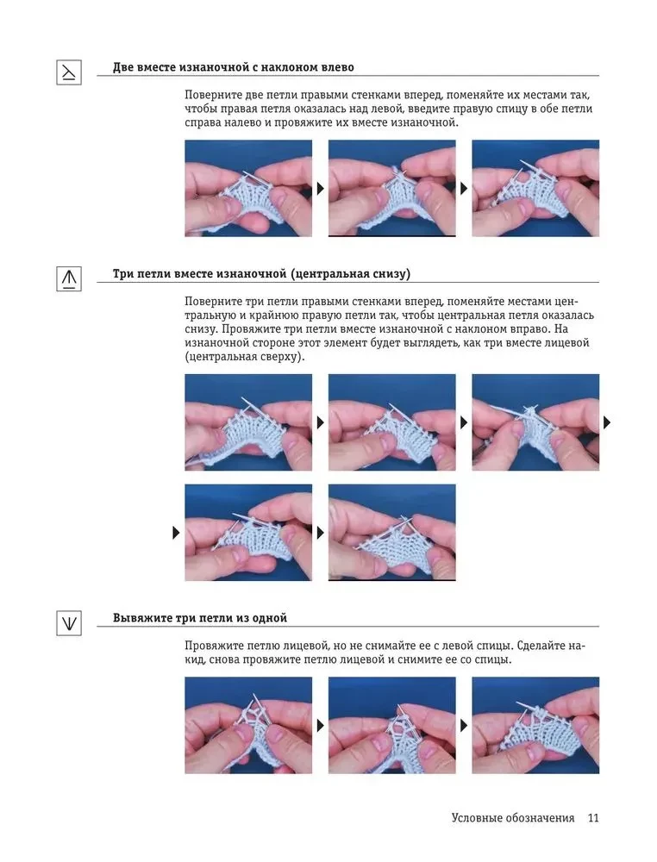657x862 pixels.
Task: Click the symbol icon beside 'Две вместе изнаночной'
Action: click(x=69, y=72)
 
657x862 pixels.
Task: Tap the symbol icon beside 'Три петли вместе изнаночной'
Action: click(x=69, y=278)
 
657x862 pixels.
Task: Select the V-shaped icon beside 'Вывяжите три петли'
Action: click(x=69, y=623)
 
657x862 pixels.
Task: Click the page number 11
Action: click(x=592, y=817)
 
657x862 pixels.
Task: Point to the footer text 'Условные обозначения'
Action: click(x=513, y=817)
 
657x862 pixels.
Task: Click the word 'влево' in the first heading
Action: click(x=336, y=67)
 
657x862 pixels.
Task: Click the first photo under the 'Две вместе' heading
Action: click(x=248, y=188)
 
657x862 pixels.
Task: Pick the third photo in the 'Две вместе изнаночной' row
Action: click(x=535, y=188)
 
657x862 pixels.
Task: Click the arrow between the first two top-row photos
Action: click(x=321, y=189)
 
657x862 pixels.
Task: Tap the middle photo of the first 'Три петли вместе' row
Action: click(x=392, y=422)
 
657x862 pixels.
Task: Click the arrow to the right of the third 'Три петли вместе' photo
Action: click(x=607, y=422)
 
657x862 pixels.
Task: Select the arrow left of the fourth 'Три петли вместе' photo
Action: click(x=176, y=532)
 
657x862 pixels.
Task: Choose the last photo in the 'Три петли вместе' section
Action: click(x=392, y=532)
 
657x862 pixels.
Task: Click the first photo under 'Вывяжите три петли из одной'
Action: click(x=248, y=725)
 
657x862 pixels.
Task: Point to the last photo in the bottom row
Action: click(x=535, y=725)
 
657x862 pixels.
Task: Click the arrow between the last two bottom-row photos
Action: click(x=464, y=726)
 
